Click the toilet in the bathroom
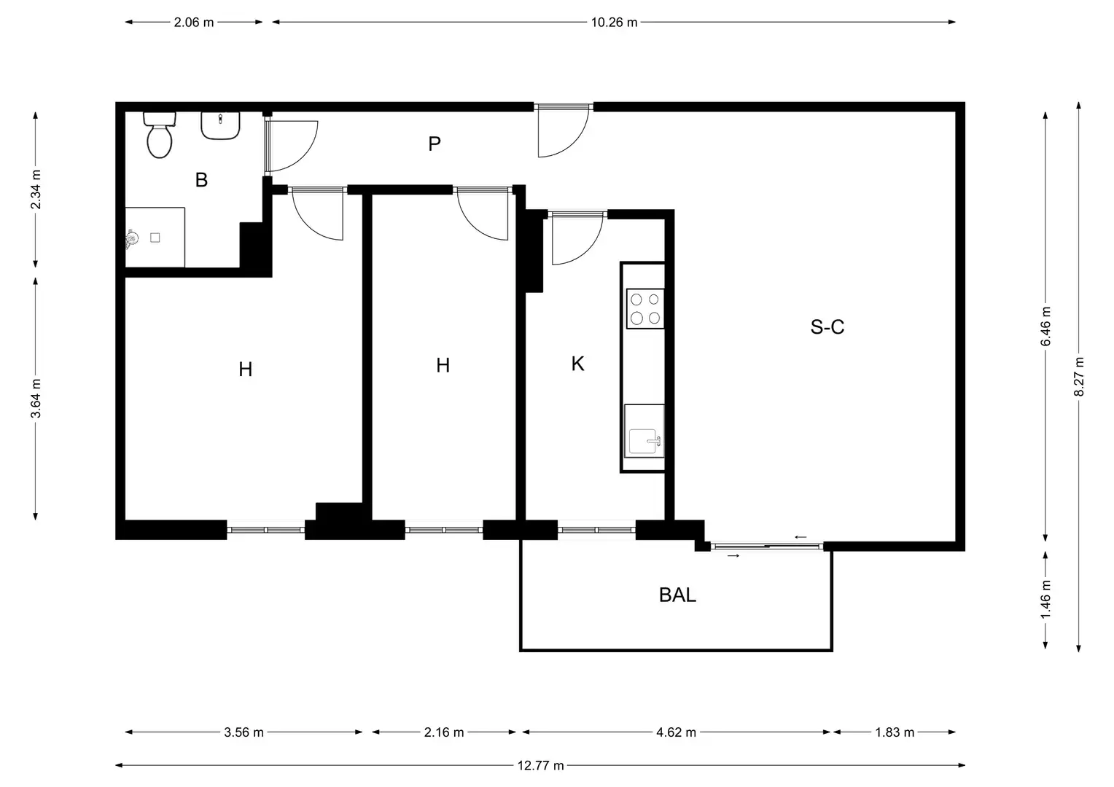pos(160,136)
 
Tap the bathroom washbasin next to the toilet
pos(220,126)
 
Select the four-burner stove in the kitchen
pos(645,309)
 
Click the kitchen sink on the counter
pos(644,431)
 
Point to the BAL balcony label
pos(677,595)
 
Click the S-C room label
pos(827,326)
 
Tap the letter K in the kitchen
pos(577,364)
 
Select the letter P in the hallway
pos(435,144)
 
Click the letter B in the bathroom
pos(201,180)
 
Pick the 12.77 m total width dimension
pos(540,766)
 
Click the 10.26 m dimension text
pos(614,23)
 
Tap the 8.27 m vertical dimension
pos(1079,377)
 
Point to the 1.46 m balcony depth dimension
pos(1045,600)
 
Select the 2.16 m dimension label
pos(444,732)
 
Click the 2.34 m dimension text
pos(36,189)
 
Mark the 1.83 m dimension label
pos(895,732)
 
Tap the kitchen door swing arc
pos(588,251)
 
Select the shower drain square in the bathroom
pos(155,238)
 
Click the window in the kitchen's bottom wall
pos(596,530)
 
